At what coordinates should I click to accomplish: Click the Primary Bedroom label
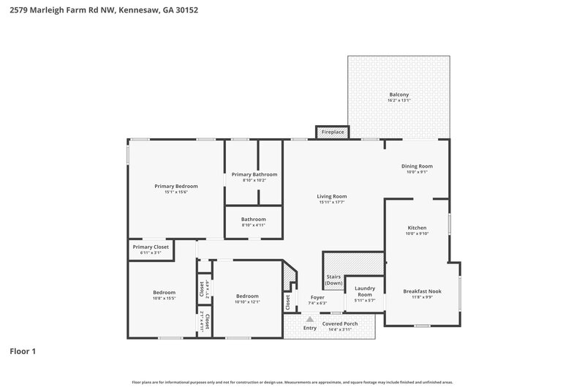coord(175,186)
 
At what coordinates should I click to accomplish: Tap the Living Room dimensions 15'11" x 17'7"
coord(331,202)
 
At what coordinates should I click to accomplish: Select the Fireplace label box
coord(332,132)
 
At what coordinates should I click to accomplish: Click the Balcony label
coord(399,94)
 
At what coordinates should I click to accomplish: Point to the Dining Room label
coord(417,166)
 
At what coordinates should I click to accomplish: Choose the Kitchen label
coord(417,228)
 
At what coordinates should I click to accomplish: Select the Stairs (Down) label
coord(334,280)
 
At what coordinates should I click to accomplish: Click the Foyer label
coord(317,297)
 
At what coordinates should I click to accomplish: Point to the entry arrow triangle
coord(309,319)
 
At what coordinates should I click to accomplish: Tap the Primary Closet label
coord(151,247)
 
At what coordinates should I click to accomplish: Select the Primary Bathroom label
coord(254,174)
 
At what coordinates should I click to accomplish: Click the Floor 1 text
coord(23,351)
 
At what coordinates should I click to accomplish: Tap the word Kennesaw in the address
coord(136,10)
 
